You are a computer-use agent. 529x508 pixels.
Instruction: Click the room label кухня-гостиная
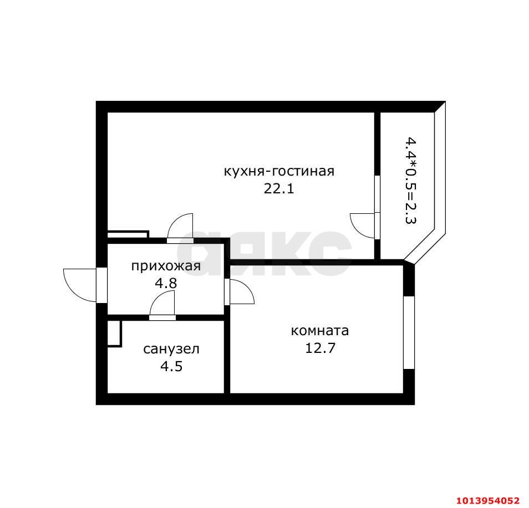coord(278,171)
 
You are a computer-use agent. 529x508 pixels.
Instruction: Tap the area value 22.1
coord(278,188)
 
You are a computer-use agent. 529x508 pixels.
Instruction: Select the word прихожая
coord(165,266)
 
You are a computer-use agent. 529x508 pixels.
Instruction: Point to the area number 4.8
coord(165,284)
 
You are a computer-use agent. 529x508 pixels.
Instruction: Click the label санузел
coord(171,349)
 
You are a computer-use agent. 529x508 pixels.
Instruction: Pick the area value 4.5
coord(171,366)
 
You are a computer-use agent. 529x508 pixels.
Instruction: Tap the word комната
coord(320,331)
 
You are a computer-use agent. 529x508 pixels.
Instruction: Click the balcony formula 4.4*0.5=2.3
coord(410,180)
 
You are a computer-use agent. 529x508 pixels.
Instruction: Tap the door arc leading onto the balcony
coord(363,225)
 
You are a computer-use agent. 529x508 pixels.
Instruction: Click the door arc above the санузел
coord(162,304)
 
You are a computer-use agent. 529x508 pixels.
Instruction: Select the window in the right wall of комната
coord(409,332)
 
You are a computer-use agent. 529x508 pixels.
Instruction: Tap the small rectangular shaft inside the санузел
coord(114,333)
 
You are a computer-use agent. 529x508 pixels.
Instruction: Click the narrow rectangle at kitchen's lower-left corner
coord(128,234)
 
